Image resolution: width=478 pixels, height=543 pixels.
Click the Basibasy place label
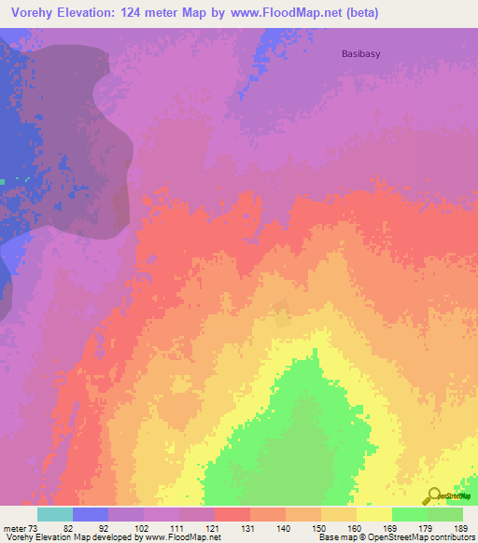coord(359,53)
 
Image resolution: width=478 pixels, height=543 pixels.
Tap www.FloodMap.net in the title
coord(288,12)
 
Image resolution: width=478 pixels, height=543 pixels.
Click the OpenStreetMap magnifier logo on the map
coord(435,496)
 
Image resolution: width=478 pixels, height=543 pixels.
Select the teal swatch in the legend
coord(54,514)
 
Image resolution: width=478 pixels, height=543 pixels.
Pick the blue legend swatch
coord(90,514)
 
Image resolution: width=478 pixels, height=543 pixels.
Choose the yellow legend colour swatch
coord(373,514)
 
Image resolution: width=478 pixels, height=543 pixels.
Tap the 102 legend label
coord(127,527)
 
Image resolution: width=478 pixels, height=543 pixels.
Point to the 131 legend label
coord(233,527)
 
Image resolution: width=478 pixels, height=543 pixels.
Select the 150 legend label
coord(304,527)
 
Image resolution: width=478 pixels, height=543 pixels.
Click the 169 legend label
coord(375,527)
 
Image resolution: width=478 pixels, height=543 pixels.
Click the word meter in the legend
coord(13,527)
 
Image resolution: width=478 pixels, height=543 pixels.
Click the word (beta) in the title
coord(360,12)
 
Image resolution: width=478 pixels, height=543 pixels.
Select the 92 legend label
coord(91,527)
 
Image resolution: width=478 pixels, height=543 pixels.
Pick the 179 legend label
coord(411,527)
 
